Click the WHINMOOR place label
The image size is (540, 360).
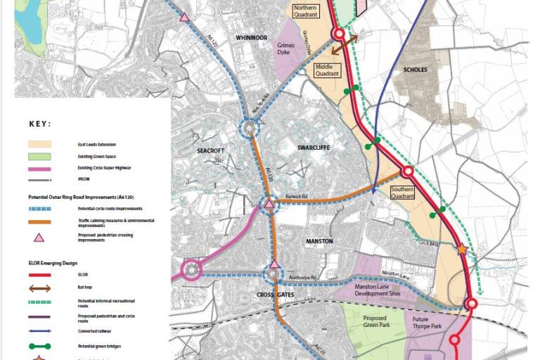coord(252,37)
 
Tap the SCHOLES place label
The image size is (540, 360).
coord(415,70)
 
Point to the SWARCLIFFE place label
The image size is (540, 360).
coord(313,147)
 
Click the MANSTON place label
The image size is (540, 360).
coord(319,241)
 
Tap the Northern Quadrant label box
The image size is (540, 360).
coord(310,10)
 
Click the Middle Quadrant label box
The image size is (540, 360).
coord(328,70)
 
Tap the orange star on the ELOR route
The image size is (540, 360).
coord(462,249)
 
